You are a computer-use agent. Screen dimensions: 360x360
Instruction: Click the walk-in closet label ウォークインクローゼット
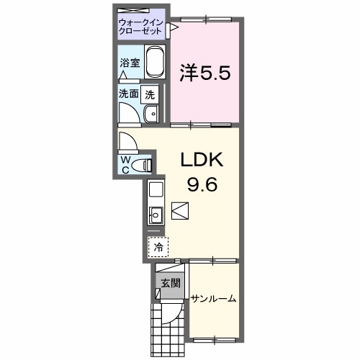tap(142, 28)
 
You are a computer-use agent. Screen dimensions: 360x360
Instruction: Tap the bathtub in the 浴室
tap(154, 63)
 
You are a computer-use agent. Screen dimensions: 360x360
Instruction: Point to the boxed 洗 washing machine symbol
tap(150, 93)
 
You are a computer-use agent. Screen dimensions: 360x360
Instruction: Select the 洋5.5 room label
tap(204, 73)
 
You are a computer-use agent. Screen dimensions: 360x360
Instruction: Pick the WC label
tap(125, 163)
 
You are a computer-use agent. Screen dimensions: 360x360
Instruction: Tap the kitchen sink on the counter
tap(155, 213)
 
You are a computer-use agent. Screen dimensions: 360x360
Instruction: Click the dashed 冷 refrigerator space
tap(157, 246)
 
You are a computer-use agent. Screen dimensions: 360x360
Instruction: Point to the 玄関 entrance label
tap(168, 284)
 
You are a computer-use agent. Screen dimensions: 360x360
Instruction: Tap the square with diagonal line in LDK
tap(180, 211)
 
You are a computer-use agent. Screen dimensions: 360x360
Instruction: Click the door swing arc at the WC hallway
tap(127, 140)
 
